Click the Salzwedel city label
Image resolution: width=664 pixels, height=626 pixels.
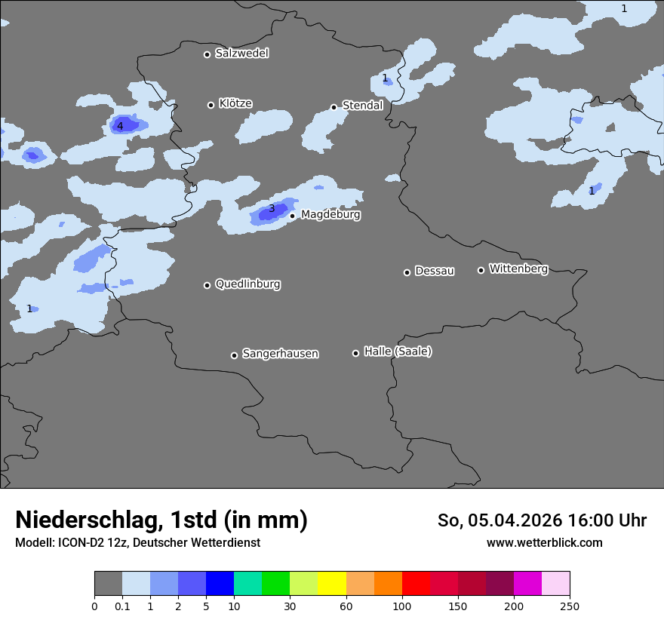point(241,54)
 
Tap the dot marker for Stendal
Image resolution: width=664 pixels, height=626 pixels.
point(334,107)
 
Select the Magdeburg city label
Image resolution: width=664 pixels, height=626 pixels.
point(330,215)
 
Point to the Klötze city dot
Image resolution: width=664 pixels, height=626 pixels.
point(211,105)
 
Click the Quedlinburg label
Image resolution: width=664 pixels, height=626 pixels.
point(247,284)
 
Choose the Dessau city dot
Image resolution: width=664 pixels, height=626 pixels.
point(407,272)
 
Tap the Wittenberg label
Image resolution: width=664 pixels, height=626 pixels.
point(518,269)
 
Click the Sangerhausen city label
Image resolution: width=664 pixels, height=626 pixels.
point(280,354)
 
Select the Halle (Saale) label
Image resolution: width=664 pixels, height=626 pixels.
point(398,352)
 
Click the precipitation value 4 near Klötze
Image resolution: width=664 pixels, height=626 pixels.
point(120,126)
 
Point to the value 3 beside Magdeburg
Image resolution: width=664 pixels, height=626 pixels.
point(272,208)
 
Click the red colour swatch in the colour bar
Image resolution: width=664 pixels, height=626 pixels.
point(416,584)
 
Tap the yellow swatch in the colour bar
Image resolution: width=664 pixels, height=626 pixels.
point(332,584)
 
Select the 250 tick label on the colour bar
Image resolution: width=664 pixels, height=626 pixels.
point(570,606)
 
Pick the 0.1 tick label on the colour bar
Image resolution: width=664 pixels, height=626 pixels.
point(122,606)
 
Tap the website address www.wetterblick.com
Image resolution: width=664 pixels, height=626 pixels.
point(544,542)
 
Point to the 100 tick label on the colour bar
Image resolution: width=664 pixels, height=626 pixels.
point(402,606)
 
